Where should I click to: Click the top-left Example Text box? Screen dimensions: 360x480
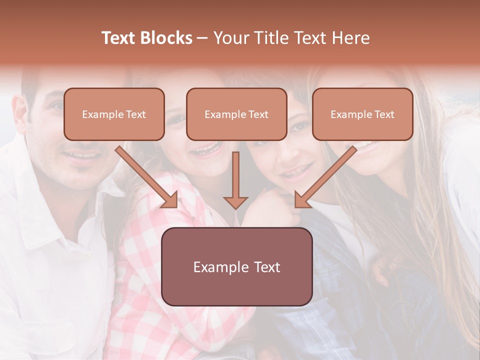pyautogui.click(x=114, y=114)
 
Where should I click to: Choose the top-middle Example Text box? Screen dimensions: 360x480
pyautogui.click(x=236, y=114)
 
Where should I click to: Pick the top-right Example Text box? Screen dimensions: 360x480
pyautogui.click(x=362, y=114)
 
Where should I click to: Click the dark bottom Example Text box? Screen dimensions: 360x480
pyautogui.click(x=237, y=266)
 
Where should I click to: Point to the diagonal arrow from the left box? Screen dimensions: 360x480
pyautogui.click(x=145, y=175)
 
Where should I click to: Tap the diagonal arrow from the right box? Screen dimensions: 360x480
pyautogui.click(x=327, y=175)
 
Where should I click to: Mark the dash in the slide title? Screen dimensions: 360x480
pyautogui.click(x=202, y=38)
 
